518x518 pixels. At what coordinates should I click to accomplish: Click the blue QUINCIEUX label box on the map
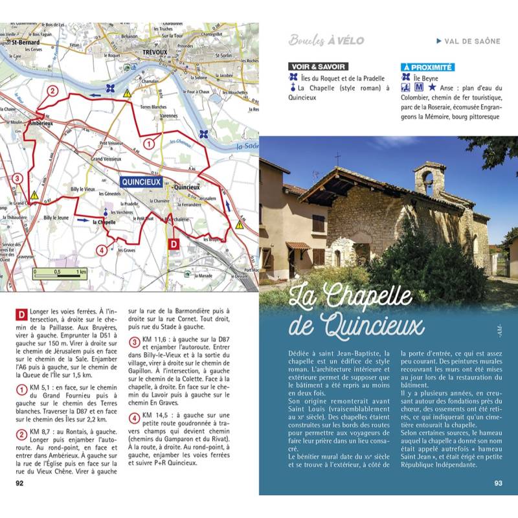click(x=141, y=183)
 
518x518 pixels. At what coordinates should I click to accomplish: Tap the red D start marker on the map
click(x=173, y=243)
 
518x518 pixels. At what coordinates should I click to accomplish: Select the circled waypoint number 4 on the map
click(x=101, y=250)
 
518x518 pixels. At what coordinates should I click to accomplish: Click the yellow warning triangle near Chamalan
click(x=128, y=93)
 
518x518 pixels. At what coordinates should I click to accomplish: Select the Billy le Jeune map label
click(x=56, y=218)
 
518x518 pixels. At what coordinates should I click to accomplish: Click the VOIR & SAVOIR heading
click(x=318, y=67)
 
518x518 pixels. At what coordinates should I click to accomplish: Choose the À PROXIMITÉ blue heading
click(x=428, y=67)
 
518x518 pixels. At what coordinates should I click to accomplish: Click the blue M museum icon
click(x=419, y=87)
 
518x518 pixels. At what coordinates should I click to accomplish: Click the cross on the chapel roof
click(x=337, y=159)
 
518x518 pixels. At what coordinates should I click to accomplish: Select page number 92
click(x=19, y=482)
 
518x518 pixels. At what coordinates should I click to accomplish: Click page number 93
click(x=498, y=482)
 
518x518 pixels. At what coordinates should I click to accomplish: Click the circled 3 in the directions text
click(x=134, y=342)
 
